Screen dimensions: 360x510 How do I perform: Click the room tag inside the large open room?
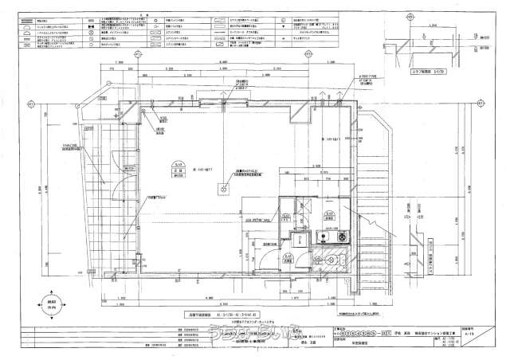[171, 166]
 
